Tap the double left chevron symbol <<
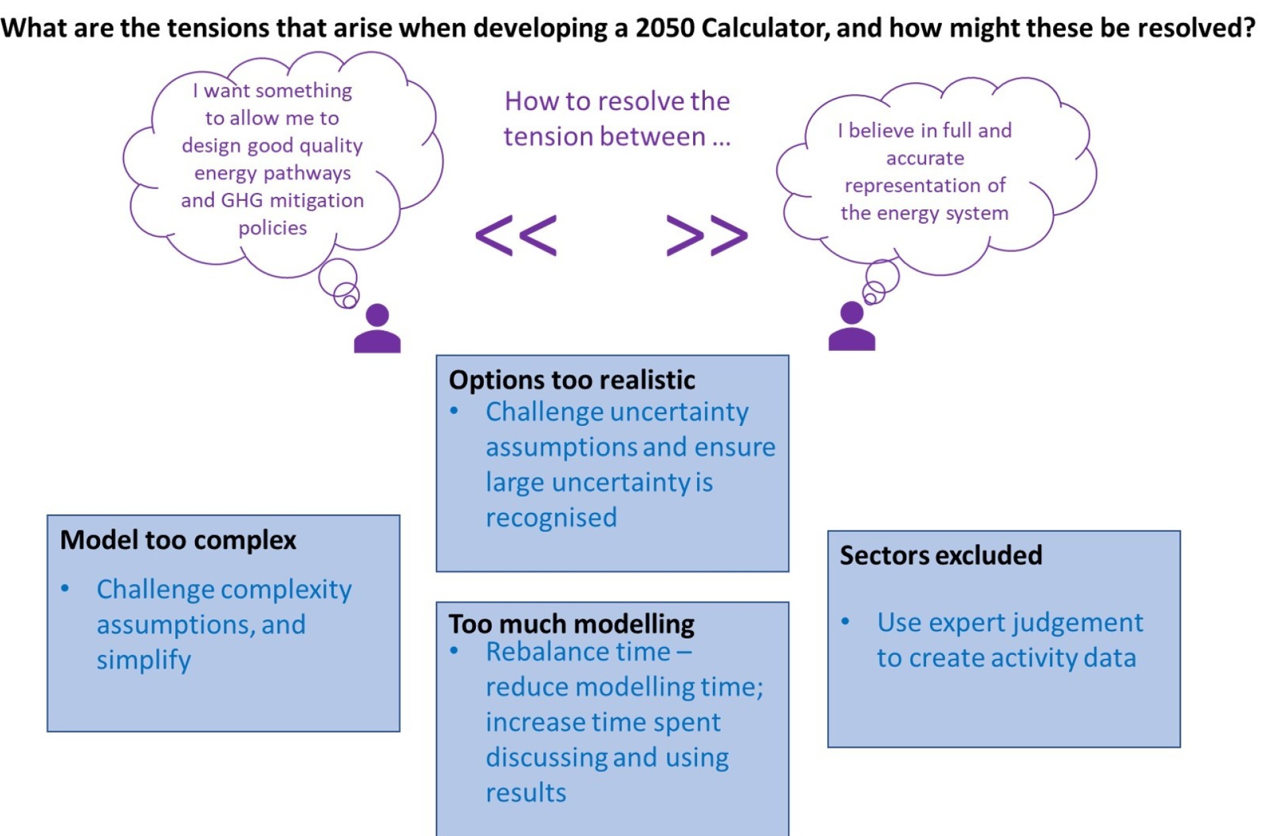(516, 235)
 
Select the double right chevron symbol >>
(707, 235)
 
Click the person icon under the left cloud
(377, 329)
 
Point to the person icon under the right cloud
(852, 327)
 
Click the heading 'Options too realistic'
(571, 380)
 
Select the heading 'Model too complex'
(178, 540)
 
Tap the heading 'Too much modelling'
(571, 623)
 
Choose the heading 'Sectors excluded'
(941, 555)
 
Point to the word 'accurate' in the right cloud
(925, 158)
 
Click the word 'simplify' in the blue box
(143, 660)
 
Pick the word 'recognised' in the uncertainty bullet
(551, 517)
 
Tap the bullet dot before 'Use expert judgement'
(846, 621)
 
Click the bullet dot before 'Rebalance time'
(454, 651)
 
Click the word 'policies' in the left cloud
(273, 228)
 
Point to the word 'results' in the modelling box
(526, 793)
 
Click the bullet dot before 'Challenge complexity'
(65, 588)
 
